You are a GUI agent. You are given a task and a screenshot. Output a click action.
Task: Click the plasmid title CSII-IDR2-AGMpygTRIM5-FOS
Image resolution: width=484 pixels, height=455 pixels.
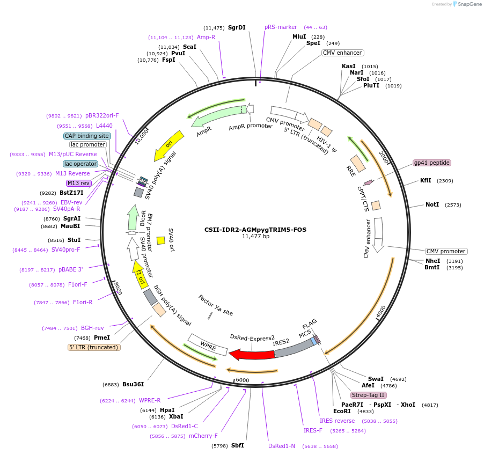(255, 229)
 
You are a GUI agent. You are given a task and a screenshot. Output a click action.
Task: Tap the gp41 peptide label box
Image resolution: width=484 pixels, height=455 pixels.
(431, 163)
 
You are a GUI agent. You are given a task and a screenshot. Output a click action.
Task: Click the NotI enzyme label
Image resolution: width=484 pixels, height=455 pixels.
(432, 205)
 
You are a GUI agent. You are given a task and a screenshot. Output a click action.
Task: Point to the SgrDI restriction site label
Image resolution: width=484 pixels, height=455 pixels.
(237, 27)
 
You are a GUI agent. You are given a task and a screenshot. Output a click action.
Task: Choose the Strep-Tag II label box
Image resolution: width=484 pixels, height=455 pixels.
(368, 395)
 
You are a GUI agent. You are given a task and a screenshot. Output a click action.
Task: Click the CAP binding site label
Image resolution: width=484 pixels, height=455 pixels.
(87, 136)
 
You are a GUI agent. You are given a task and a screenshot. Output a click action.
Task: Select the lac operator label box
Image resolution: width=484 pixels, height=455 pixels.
(80, 164)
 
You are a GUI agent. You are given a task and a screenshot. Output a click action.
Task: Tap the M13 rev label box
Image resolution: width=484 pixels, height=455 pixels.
(79, 183)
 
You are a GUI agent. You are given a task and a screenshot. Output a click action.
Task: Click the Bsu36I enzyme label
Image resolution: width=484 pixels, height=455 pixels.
(133, 384)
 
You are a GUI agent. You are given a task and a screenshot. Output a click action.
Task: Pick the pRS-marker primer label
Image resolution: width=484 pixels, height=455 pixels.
(281, 27)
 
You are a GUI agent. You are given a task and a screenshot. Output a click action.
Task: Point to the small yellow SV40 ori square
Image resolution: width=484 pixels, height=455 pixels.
(160, 240)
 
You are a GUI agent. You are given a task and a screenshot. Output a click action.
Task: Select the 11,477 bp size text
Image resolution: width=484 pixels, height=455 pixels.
(255, 237)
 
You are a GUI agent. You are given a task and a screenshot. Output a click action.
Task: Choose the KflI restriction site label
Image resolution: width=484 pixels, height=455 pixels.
(426, 181)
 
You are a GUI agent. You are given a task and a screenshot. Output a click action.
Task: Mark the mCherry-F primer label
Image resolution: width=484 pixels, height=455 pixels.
(203, 436)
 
